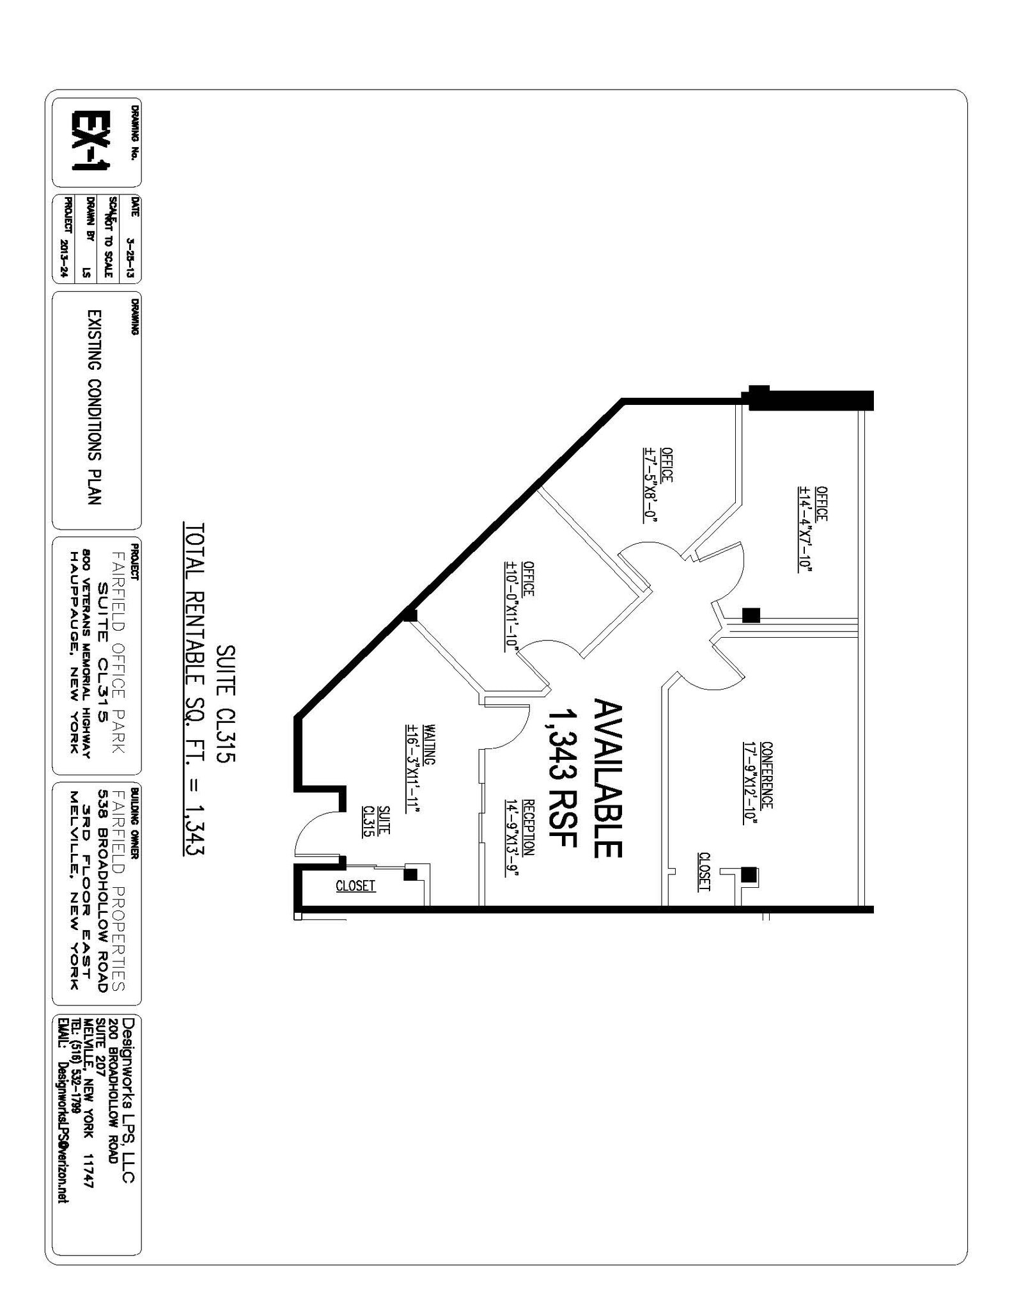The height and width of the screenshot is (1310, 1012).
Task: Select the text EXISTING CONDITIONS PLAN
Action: [x=94, y=408]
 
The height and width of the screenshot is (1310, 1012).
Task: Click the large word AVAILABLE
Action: [x=607, y=778]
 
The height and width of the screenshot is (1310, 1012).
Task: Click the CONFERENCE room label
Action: [x=767, y=775]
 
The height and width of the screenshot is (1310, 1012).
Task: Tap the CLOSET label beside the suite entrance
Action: [x=355, y=886]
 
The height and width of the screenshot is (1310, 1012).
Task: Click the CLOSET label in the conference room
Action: [x=704, y=871]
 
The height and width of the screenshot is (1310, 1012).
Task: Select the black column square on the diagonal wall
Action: [x=410, y=615]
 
